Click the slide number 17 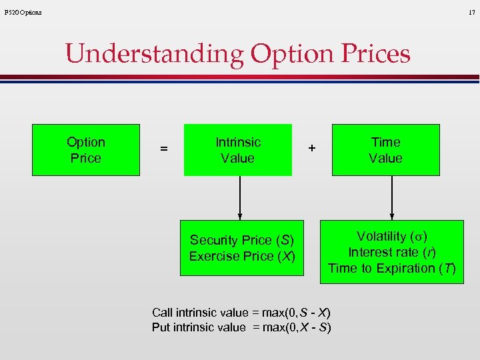click(472, 12)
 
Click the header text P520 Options click(23, 12)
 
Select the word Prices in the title click(375, 53)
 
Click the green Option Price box click(86, 150)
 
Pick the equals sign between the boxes click(163, 150)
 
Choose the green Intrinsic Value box click(238, 150)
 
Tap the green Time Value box click(386, 150)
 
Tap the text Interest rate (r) click(391, 252)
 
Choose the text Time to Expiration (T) click(391, 268)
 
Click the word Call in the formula click(163, 313)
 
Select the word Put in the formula click(161, 327)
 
